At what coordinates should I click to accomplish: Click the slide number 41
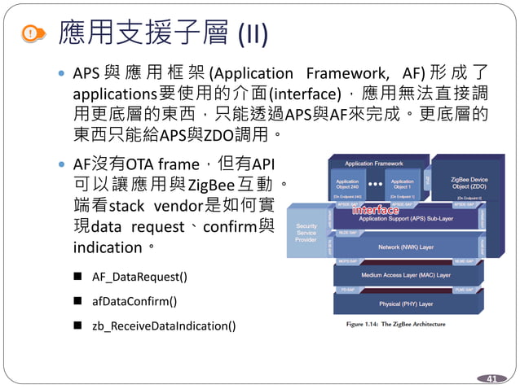pyautogui.click(x=491, y=378)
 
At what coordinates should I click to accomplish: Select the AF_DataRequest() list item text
pyautogui.click(x=139, y=277)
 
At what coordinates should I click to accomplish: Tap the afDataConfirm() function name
pyautogui.click(x=134, y=301)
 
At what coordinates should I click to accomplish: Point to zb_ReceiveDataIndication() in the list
pyautogui.click(x=164, y=326)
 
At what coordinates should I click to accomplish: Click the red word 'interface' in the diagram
pyautogui.click(x=376, y=211)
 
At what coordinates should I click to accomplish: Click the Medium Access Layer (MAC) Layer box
pyautogui.click(x=405, y=275)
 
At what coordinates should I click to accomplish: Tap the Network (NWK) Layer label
pyautogui.click(x=405, y=247)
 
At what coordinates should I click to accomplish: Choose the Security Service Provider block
pyautogui.click(x=306, y=233)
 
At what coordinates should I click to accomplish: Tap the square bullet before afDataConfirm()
pyautogui.click(x=77, y=301)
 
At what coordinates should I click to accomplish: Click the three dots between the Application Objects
pyautogui.click(x=375, y=184)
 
